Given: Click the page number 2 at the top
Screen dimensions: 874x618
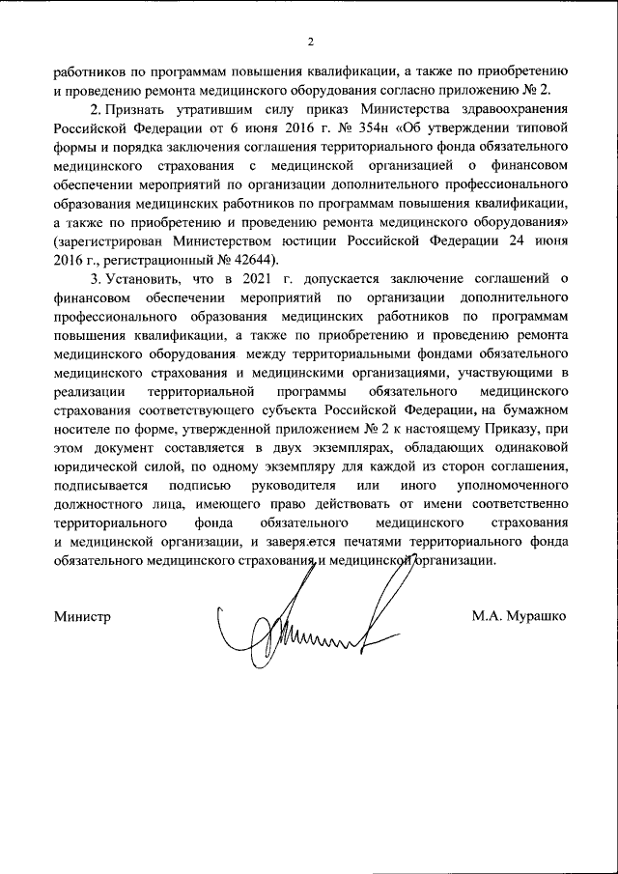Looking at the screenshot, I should (x=309, y=42).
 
